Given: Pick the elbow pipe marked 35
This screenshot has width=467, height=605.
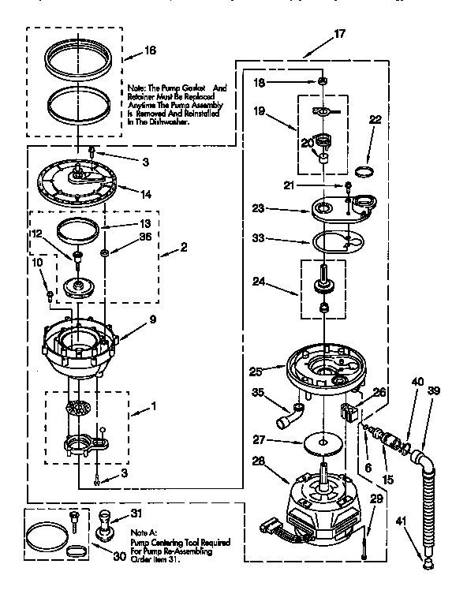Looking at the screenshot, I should (x=290, y=415).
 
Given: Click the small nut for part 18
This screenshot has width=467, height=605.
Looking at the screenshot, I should (x=323, y=81).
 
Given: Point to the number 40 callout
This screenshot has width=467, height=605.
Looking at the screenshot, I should (x=417, y=382).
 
